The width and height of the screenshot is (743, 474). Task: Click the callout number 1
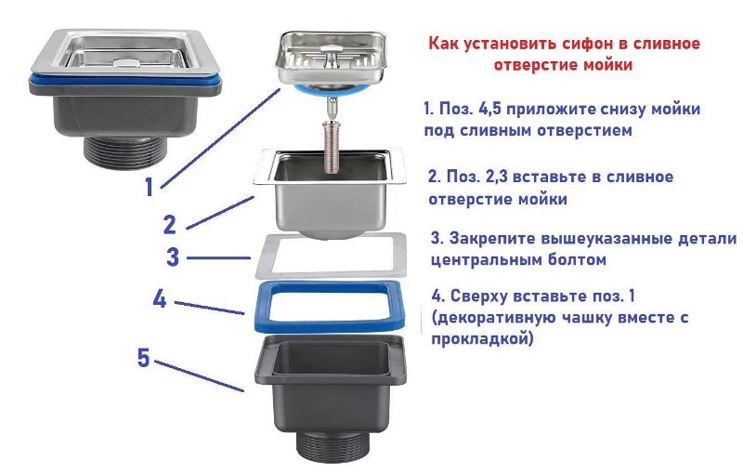[150, 187]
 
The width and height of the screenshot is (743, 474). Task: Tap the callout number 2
[170, 224]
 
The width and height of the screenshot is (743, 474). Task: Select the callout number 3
[173, 257]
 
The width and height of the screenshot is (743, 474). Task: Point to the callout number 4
[160, 299]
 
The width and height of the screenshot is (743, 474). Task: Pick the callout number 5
[144, 358]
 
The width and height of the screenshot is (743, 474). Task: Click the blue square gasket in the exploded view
[331, 325]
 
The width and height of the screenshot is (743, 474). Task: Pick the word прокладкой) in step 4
[482, 339]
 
